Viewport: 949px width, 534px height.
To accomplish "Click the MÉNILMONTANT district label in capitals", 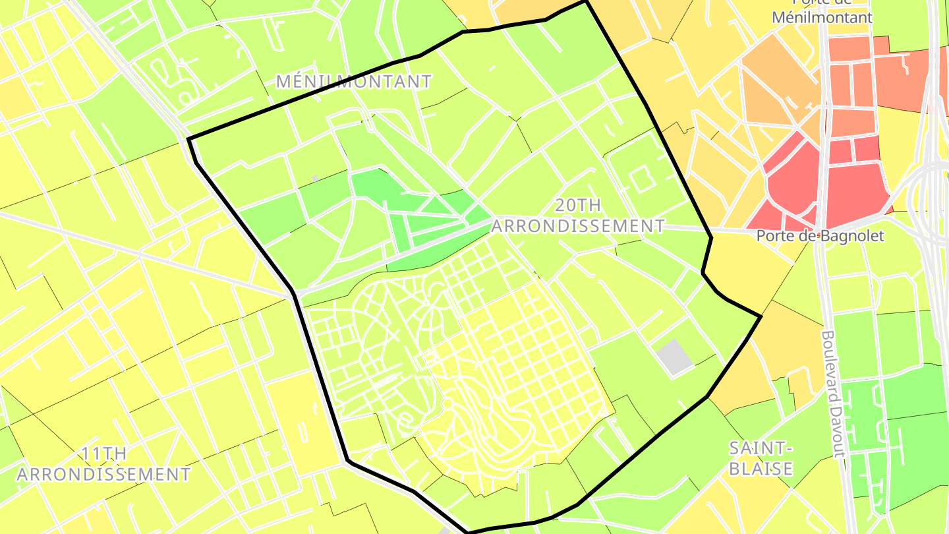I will pyautogui.click(x=354, y=82).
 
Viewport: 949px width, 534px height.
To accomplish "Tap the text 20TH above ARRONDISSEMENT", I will pyautogui.click(x=577, y=205).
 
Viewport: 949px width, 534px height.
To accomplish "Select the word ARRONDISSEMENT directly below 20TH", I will pyautogui.click(x=578, y=226).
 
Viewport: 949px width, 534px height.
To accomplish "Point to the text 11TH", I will pyautogui.click(x=104, y=454).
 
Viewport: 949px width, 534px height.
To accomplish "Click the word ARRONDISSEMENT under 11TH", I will pyautogui.click(x=103, y=474).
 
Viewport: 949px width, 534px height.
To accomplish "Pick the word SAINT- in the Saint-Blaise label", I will pyautogui.click(x=760, y=448).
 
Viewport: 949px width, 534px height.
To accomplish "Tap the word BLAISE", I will pyautogui.click(x=760, y=469).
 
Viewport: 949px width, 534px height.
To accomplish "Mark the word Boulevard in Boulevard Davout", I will pyautogui.click(x=832, y=366).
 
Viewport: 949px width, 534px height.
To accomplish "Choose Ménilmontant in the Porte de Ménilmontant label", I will pyautogui.click(x=822, y=17).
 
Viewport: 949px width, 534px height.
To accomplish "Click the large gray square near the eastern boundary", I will pyautogui.click(x=674, y=358).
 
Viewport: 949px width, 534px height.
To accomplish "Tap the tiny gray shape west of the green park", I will pyautogui.click(x=316, y=178).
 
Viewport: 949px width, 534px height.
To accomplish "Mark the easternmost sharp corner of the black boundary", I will pyautogui.click(x=761, y=317).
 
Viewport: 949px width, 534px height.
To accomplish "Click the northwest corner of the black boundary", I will pyautogui.click(x=189, y=139).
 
